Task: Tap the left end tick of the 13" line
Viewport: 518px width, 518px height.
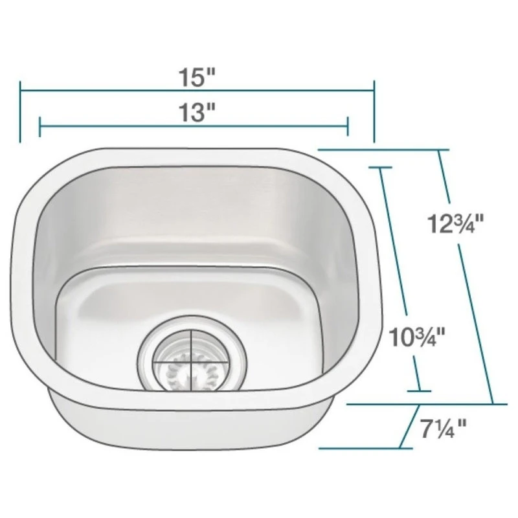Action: point(40,127)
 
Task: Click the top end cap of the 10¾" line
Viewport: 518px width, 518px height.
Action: point(381,166)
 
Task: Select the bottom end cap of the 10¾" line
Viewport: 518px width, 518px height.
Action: point(420,390)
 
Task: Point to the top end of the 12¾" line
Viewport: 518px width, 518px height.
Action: point(440,150)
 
